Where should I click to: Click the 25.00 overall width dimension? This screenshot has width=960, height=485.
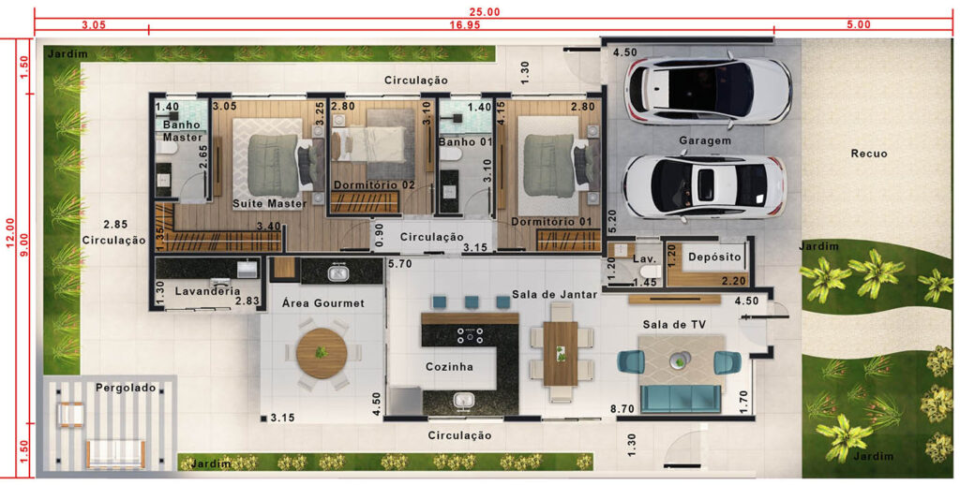(485, 11)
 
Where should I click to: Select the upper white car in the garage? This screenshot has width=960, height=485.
(708, 86)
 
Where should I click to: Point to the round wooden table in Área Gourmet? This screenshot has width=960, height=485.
(322, 354)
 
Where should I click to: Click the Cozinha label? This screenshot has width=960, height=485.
(449, 367)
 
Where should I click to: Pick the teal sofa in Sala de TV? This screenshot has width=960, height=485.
(682, 399)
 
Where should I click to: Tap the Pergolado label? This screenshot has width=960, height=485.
(126, 388)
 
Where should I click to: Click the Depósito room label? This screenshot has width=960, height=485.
(714, 257)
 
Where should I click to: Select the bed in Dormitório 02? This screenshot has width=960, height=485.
(369, 144)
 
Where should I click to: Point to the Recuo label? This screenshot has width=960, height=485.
(869, 154)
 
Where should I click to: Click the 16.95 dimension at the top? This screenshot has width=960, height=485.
(464, 25)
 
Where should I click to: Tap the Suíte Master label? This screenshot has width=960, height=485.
(269, 204)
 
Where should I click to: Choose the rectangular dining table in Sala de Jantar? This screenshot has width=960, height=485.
(561, 354)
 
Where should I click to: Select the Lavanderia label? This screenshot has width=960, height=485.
(207, 292)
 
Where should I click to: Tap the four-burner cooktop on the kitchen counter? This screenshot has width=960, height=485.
(470, 334)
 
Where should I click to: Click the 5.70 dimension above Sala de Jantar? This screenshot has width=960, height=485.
(399, 264)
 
